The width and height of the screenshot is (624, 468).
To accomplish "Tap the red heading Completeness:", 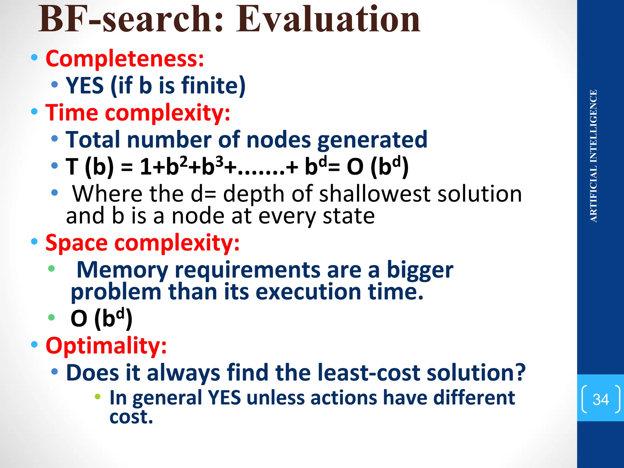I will (x=125, y=58).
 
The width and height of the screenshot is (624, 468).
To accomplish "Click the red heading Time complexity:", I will (x=138, y=113).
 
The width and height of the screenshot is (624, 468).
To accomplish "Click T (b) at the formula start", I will (x=90, y=167).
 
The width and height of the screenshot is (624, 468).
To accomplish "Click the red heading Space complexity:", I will (x=142, y=243).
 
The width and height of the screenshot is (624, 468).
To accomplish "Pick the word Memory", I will (x=122, y=270).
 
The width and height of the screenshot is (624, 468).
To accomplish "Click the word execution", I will (x=308, y=292).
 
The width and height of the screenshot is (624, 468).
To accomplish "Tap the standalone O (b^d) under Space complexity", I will (x=101, y=319).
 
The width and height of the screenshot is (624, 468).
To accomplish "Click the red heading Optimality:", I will (x=106, y=346).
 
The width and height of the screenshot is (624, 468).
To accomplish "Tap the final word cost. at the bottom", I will (x=131, y=417).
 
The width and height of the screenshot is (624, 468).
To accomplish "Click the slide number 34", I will (x=600, y=399).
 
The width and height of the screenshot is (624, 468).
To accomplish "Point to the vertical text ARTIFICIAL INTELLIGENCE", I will (x=593, y=156).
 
